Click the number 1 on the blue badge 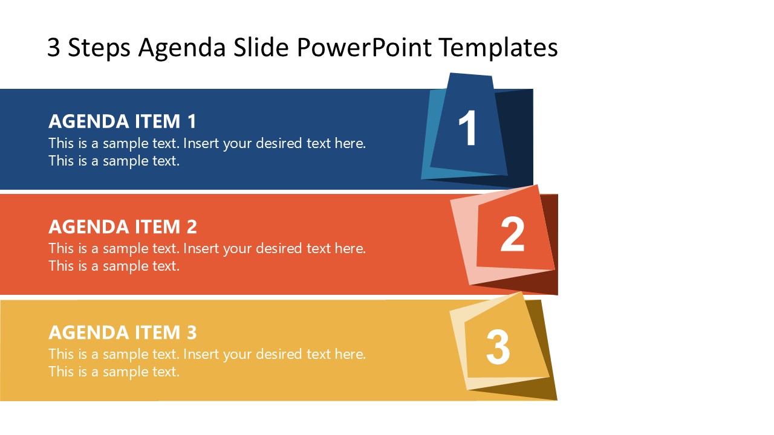click(468, 129)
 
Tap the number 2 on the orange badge click(513, 234)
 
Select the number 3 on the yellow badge click(498, 346)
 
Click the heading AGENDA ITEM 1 click(123, 121)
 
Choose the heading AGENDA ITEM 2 click(123, 227)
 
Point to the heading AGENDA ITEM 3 click(123, 332)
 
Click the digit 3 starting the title click(54, 48)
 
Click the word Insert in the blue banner click(201, 144)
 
